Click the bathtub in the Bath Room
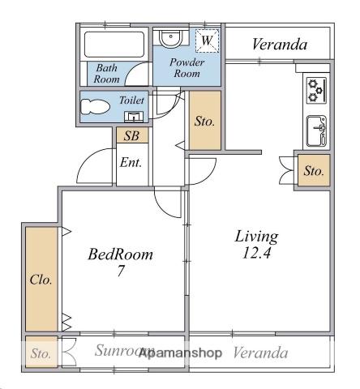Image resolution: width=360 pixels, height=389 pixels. coord(114,45)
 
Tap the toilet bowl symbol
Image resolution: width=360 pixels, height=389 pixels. coord(95,107)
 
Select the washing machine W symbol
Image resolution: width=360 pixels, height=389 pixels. coord(207,41)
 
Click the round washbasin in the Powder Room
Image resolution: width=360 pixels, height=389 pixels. coord(170,38)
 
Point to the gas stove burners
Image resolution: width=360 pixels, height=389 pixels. coord(316,90)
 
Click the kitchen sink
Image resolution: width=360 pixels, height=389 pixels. coord(316,131)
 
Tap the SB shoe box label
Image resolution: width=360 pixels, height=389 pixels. coord(131,136)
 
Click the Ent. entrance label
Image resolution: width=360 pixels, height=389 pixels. coord(131,163)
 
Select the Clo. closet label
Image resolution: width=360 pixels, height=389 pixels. coord(41,280)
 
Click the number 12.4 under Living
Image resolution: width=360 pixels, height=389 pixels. coord(256,253)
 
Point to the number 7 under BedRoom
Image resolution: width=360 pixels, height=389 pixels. coord(121,271)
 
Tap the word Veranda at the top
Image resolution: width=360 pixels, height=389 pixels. coord(280,45)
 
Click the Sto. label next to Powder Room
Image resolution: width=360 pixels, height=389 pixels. coord(204,122)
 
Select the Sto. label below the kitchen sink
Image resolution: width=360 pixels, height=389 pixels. coord(314,171)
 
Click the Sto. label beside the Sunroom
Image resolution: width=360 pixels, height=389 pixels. coord(41,353)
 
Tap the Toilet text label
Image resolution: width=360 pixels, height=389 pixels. coord(131,100)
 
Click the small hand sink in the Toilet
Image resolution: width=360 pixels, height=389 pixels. coord(134,117)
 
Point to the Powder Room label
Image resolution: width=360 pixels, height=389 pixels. coord(186,68)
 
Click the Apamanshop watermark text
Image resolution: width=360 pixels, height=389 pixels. coord(180,353)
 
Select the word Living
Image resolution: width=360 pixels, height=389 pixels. coord(256,237)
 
